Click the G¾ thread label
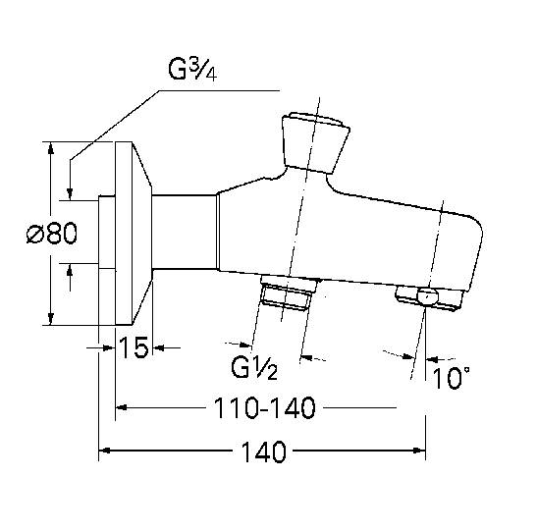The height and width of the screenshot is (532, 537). (193, 72)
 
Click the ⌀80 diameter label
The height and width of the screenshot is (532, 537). (53, 236)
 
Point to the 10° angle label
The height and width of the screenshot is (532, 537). (451, 377)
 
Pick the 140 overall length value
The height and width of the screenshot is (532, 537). (263, 453)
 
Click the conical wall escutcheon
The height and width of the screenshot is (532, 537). (137, 234)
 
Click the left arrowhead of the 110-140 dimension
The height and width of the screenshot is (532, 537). (122, 407)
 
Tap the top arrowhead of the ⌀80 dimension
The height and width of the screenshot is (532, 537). (49, 149)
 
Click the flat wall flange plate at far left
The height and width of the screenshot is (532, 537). (107, 234)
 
